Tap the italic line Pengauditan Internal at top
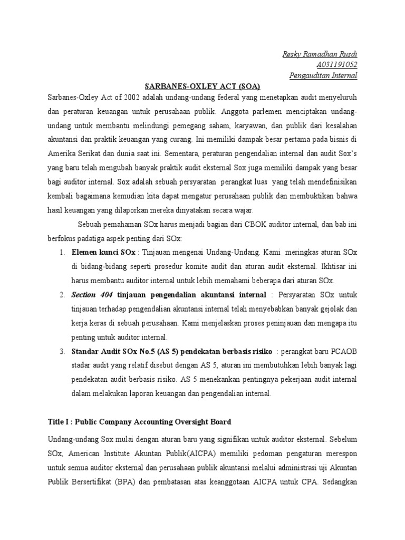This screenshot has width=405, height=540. (x=323, y=75)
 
